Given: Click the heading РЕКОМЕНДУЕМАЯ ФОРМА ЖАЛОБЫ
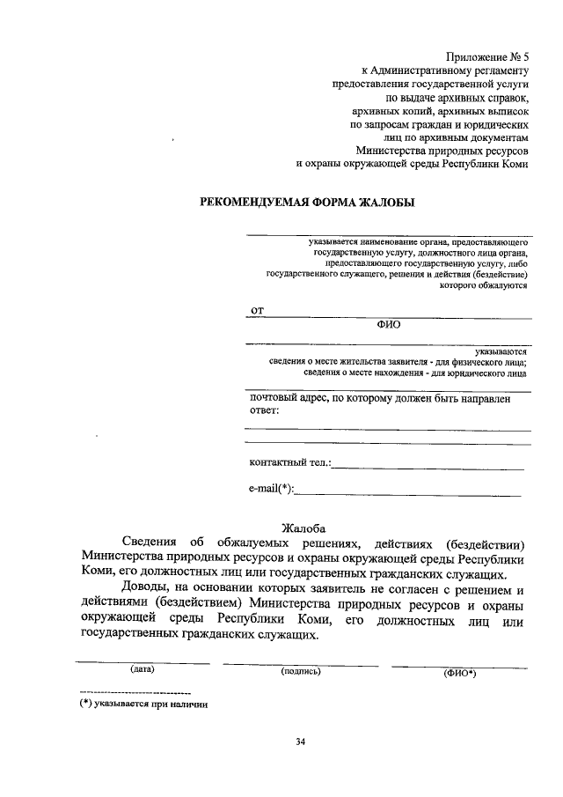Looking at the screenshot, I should tap(308, 202).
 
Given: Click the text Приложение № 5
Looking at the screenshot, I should tap(487, 55).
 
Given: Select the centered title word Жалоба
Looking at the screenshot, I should tap(304, 528).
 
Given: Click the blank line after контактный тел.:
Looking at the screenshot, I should tap(428, 468).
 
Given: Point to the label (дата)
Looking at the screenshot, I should tap(143, 668).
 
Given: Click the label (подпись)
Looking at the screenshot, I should tap(301, 671).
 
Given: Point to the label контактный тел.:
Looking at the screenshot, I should tap(289, 462).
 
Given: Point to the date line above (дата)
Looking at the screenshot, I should tap(143, 660).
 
